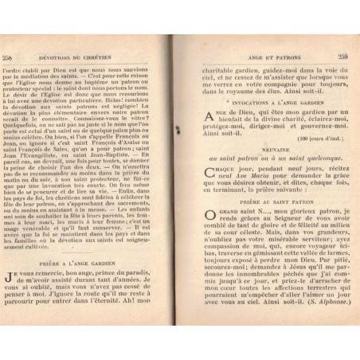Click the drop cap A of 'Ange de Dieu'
[199, 116]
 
